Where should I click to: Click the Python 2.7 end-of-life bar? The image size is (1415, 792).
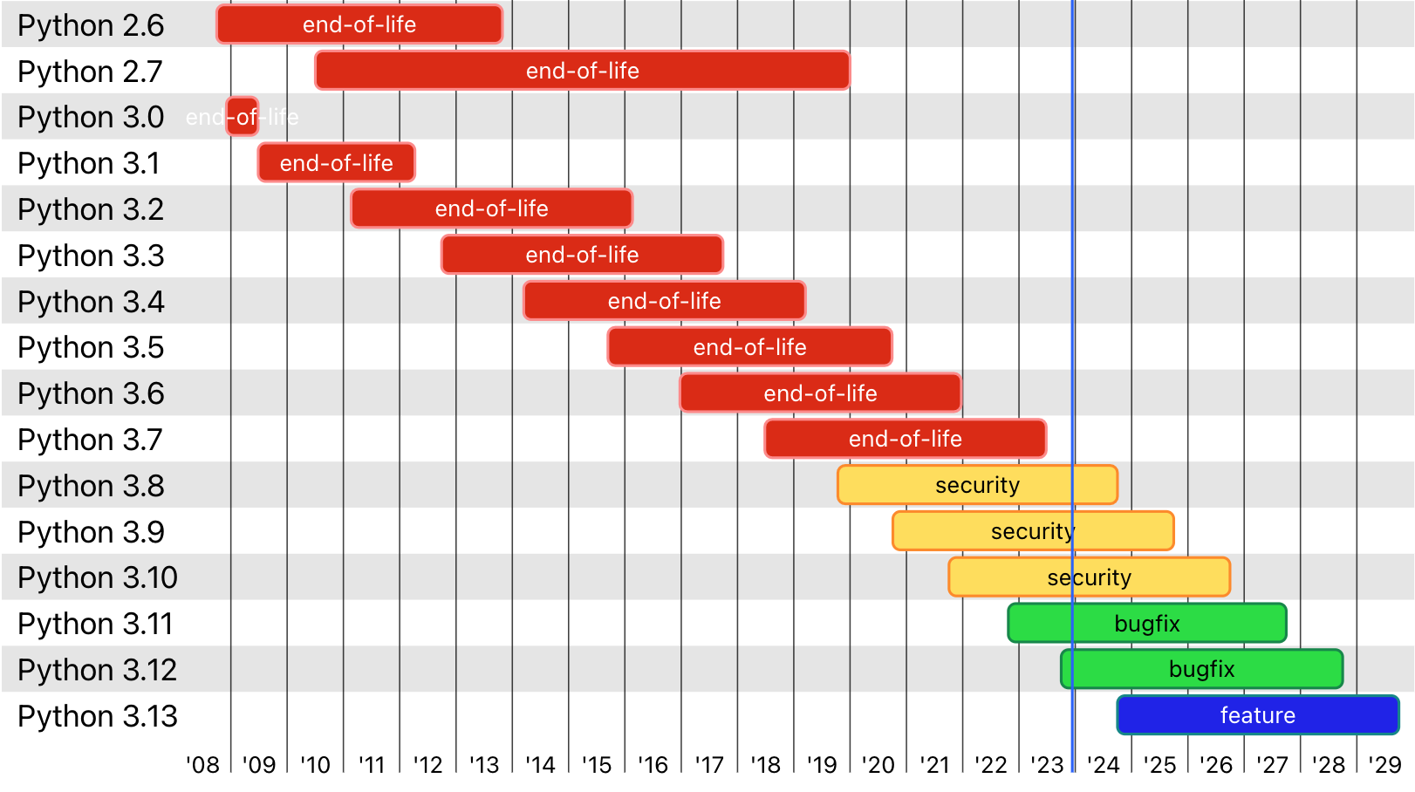[582, 71]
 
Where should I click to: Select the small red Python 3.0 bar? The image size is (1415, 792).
[243, 117]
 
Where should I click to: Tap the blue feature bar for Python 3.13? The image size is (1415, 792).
[1257, 715]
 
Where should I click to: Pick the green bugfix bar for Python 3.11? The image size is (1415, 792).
[1146, 624]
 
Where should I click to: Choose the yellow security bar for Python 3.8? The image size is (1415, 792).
[977, 485]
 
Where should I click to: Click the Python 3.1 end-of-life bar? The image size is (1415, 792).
[336, 163]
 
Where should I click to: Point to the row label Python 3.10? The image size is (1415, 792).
[98, 577]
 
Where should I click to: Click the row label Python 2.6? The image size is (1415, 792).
[91, 25]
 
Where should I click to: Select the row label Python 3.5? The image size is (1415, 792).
[91, 347]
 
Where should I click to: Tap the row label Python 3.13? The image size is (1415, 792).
[98, 716]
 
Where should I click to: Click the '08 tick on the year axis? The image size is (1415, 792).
[203, 765]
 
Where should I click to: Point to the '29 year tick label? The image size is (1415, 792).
[1384, 765]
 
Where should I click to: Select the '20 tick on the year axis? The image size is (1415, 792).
[878, 765]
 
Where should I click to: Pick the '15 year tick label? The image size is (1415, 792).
[597, 765]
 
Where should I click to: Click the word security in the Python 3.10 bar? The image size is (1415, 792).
[1089, 577]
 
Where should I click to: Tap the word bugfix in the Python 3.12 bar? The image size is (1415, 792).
[1201, 669]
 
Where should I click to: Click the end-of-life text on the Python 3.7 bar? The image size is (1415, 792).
[905, 439]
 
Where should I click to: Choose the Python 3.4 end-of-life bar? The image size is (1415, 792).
[664, 301]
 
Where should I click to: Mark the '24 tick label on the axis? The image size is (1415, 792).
[1103, 765]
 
